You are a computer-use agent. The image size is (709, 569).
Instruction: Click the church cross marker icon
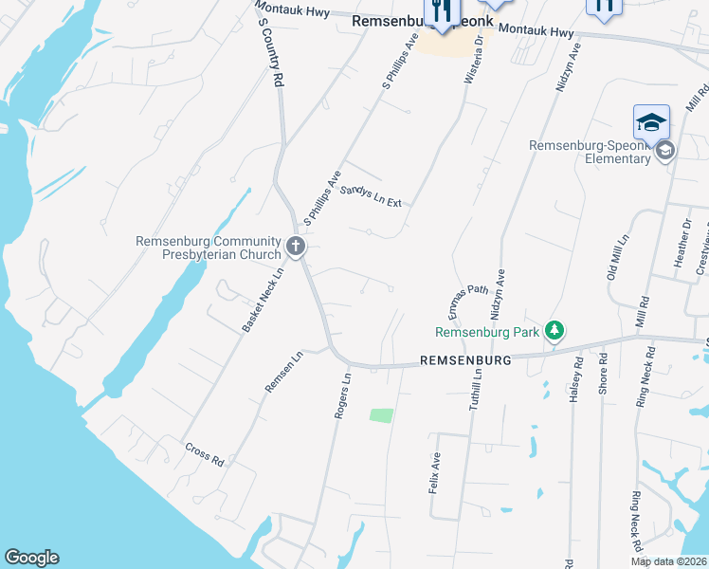(x=295, y=248)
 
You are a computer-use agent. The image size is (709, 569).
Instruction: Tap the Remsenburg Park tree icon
(x=554, y=331)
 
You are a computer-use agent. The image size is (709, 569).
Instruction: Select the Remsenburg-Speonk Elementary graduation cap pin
(x=651, y=122)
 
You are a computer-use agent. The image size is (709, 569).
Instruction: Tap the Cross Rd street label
(x=204, y=454)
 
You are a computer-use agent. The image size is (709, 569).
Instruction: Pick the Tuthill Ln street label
(x=477, y=390)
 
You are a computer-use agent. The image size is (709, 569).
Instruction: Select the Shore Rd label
(x=602, y=376)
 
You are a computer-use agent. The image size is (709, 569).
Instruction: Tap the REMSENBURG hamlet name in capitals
(x=465, y=361)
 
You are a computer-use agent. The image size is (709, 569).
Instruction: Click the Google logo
(x=31, y=558)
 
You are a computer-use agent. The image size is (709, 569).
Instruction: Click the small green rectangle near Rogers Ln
(x=380, y=414)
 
